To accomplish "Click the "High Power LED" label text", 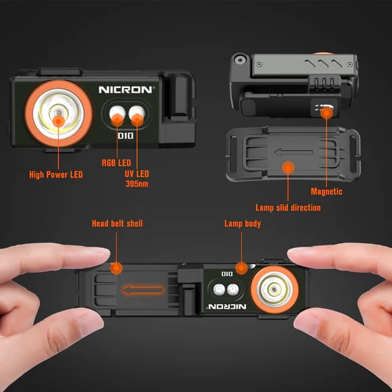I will point(56,174).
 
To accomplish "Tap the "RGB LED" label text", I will point(116,163).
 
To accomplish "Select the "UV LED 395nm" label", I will point(137,178).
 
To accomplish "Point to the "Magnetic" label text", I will point(326,191).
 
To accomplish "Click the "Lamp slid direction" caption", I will point(288,207).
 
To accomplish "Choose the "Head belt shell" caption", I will point(117,224).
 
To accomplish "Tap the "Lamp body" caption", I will point(242,224).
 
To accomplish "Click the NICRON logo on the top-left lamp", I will point(126,89).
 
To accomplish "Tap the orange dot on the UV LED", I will point(137,119).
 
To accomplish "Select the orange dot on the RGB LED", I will point(116,120).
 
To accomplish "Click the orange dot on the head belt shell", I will point(116,268).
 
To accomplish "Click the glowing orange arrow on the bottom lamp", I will point(143,291).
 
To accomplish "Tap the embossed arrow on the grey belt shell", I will point(283,146).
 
